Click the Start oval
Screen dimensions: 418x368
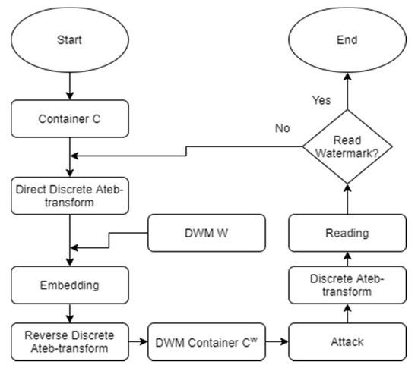point(70,40)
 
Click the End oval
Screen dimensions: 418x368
point(347,40)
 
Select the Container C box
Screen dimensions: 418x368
point(70,118)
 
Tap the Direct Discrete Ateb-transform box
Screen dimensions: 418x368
point(70,196)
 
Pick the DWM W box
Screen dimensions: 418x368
point(207,233)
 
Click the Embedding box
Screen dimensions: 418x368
point(70,285)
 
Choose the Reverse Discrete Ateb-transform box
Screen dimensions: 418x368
point(70,342)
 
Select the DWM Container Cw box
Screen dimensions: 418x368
point(207,342)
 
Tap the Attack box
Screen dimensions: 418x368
point(347,342)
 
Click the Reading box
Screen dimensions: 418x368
point(347,233)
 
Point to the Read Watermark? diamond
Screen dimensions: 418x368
point(347,146)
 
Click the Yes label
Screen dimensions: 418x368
point(321,100)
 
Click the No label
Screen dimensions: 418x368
point(282,128)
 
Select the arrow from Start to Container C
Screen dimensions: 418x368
point(70,86)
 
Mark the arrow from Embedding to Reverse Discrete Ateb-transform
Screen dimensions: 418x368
point(70,313)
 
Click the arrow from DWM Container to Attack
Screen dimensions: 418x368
point(277,341)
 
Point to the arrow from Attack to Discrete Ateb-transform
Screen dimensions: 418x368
point(347,313)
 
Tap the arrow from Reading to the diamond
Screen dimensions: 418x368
point(347,199)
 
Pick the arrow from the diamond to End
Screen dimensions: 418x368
point(347,91)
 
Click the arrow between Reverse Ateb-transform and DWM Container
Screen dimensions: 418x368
point(138,341)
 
